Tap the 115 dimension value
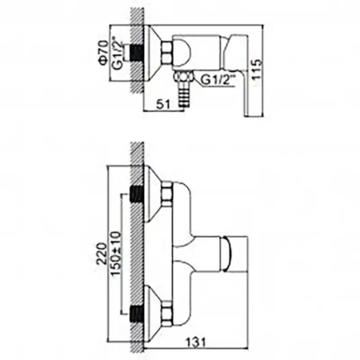click(x=257, y=69)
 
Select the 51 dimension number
click(x=163, y=104)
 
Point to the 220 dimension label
click(x=102, y=253)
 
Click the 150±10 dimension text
click(x=116, y=254)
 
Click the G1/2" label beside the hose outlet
click(x=218, y=79)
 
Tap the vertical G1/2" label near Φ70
click(x=118, y=55)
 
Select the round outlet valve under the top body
click(x=183, y=77)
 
